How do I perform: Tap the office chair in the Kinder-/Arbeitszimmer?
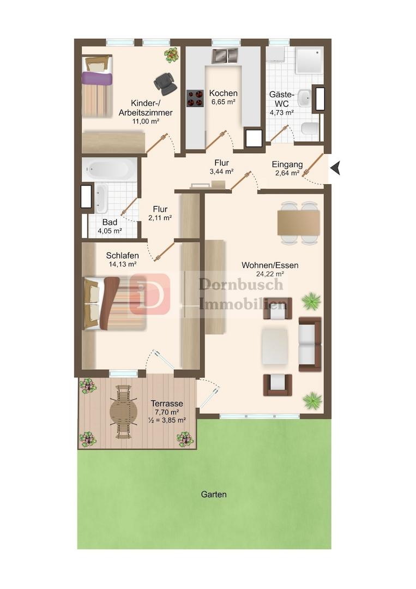[x=165, y=83]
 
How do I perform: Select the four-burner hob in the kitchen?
[x=195, y=98]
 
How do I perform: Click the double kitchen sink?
[x=225, y=56]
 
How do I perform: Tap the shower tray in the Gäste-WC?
[x=309, y=60]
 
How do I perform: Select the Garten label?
[x=214, y=494]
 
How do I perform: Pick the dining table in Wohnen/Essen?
[x=298, y=223]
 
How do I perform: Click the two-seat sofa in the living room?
[x=310, y=344]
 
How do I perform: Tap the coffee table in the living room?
[x=275, y=346]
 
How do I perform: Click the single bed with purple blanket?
[x=97, y=86]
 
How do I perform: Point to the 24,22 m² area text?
[x=270, y=274]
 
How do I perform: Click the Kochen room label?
[x=224, y=93]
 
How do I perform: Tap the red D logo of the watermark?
[x=150, y=294]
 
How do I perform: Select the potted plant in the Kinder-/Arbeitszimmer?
[x=172, y=55]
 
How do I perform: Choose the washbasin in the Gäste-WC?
[x=304, y=98]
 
